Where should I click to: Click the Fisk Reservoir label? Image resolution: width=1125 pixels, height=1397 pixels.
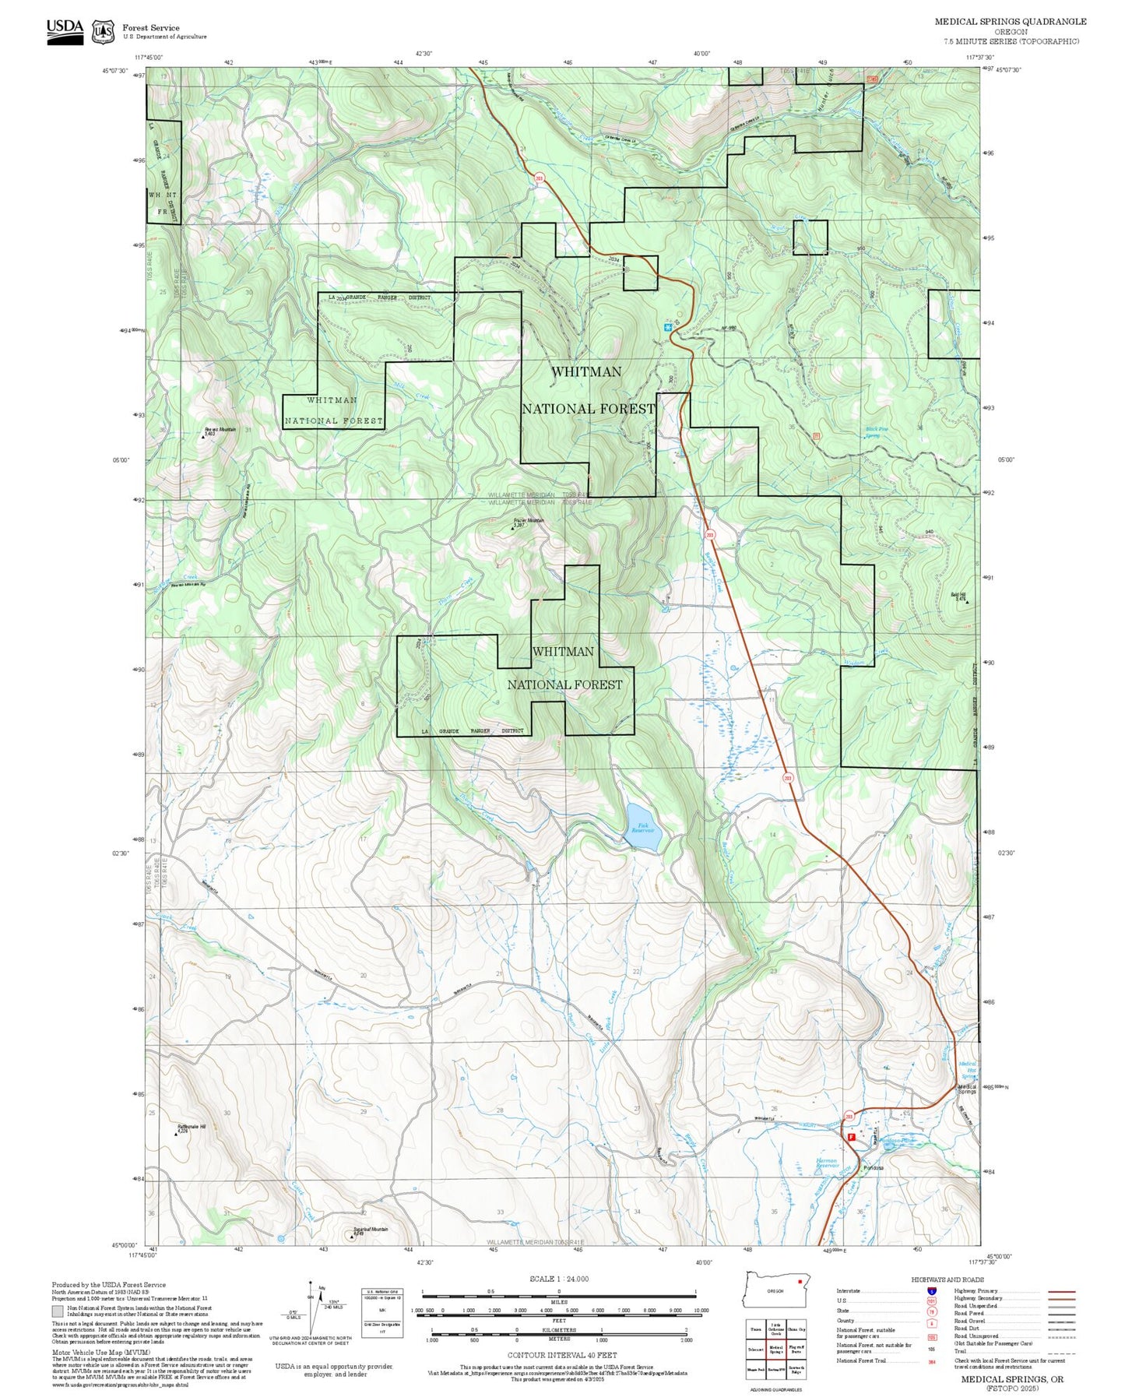(642, 828)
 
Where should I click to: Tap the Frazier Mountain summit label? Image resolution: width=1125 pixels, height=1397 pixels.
(529, 522)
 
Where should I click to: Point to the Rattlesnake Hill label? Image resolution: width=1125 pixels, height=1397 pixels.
(192, 1128)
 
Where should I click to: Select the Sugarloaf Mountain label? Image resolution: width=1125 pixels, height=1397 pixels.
(370, 1230)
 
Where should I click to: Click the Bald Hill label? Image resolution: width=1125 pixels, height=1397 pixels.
(958, 596)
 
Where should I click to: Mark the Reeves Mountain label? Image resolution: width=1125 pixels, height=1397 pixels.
(220, 431)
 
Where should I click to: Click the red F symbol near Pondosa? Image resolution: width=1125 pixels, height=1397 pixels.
(851, 1137)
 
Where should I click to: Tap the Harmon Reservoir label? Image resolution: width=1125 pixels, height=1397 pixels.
(827, 1163)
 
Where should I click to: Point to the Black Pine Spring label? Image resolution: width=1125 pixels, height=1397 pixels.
(877, 431)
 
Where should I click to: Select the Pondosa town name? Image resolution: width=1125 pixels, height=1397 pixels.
(874, 1168)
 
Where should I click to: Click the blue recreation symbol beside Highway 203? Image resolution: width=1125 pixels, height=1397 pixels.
(668, 327)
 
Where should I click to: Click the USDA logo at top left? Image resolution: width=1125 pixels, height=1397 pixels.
(65, 31)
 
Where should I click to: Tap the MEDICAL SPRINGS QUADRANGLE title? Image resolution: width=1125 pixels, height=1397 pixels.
(1010, 21)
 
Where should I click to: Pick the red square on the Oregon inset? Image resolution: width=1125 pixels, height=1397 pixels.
(800, 1281)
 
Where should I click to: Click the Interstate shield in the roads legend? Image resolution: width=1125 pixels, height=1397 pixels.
(932, 1290)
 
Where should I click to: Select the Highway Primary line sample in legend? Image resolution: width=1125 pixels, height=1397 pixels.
(1062, 1290)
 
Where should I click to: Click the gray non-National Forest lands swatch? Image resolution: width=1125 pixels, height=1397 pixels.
(58, 1311)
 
